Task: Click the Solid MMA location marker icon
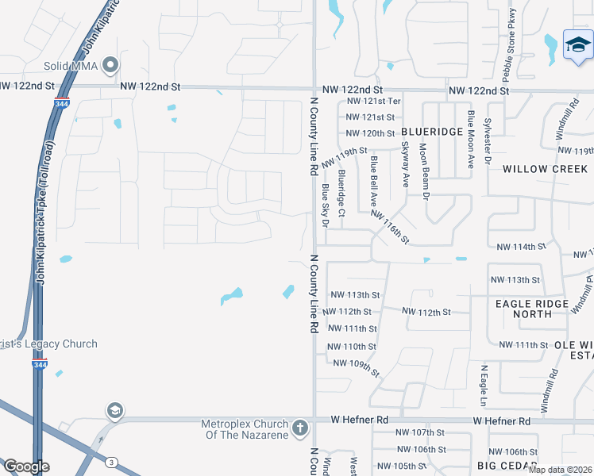[x=110, y=63]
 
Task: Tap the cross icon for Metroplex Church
[x=299, y=428]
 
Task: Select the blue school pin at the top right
[x=577, y=48]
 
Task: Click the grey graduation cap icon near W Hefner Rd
[x=115, y=410]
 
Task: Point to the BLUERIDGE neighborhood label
[x=431, y=132]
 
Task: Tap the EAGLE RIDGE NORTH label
[x=532, y=309]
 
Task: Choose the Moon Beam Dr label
[x=424, y=171]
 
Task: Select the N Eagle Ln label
[x=482, y=382]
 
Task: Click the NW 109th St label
[x=357, y=367]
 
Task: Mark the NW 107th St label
[x=420, y=432]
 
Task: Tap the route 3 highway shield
[x=112, y=462]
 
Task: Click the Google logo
[x=25, y=466]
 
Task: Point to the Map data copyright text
[x=561, y=470]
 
